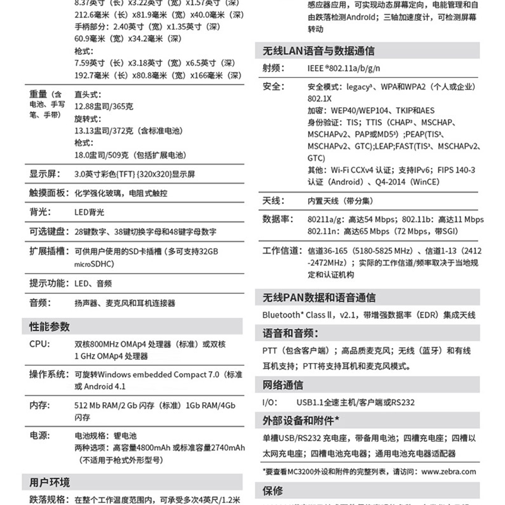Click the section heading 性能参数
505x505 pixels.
tap(50, 327)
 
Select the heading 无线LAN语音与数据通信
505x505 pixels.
tap(318, 51)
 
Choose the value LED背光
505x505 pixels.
tap(90, 213)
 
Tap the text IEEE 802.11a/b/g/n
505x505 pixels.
tap(344, 68)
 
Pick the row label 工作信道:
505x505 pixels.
tap(282, 251)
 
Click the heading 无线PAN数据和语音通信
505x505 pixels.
tap(319, 297)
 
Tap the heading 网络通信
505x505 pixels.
tap(283, 385)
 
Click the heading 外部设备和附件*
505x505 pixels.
tap(301, 420)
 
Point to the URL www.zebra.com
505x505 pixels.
tap(449, 471)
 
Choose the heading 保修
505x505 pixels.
tap(273, 490)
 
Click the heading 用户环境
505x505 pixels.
tap(50, 483)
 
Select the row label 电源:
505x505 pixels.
tap(39, 436)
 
